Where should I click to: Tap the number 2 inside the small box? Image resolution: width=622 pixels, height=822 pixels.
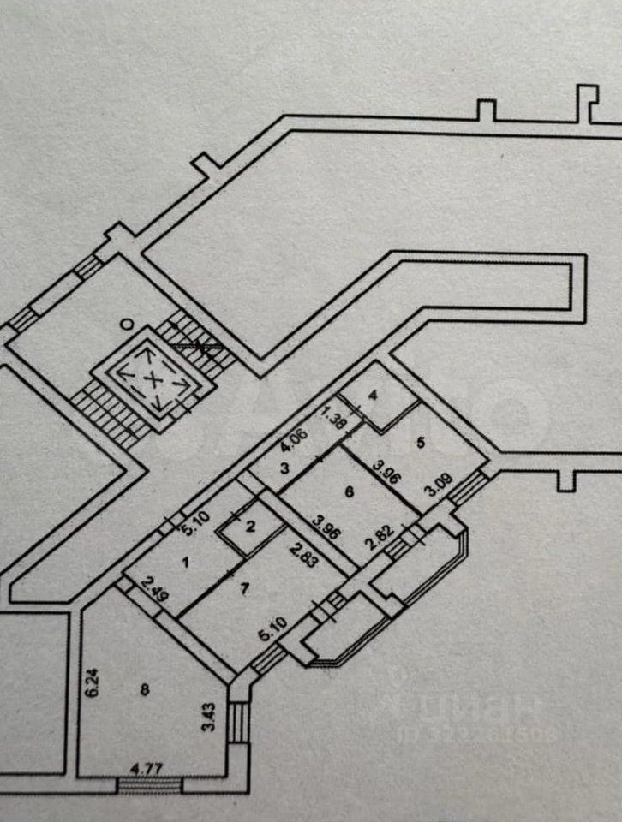250,527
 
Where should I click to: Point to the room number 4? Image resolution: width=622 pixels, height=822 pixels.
373,396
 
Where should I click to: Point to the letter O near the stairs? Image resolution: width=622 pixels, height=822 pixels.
126,324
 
